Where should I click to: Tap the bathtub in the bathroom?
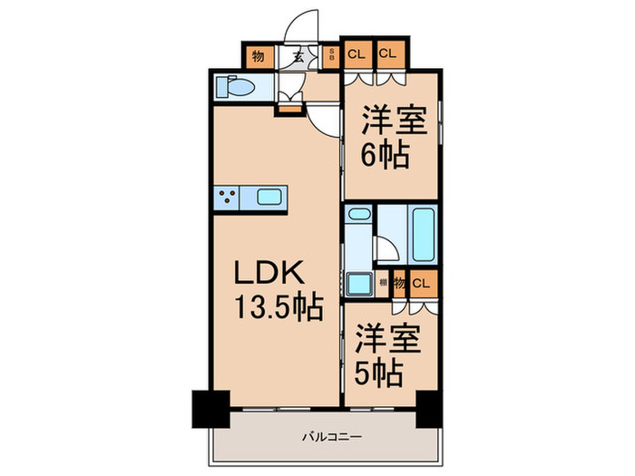(424, 234)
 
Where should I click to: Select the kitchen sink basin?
(270, 197)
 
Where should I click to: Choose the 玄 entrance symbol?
(298, 55)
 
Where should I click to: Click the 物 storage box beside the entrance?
(258, 55)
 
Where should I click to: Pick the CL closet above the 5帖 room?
(419, 283)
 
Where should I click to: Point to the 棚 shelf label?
(383, 283)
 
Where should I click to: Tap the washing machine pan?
(360, 281)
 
